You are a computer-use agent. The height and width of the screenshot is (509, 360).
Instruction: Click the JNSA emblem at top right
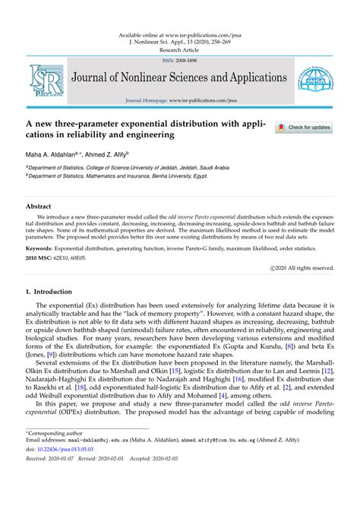click(x=314, y=78)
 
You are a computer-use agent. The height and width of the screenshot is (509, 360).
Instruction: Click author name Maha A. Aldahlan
click(x=55, y=153)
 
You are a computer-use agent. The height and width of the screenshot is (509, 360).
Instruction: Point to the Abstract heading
click(x=39, y=206)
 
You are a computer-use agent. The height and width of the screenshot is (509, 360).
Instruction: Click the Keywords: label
click(x=44, y=248)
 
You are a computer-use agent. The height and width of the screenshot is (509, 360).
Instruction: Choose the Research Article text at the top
click(x=180, y=49)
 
